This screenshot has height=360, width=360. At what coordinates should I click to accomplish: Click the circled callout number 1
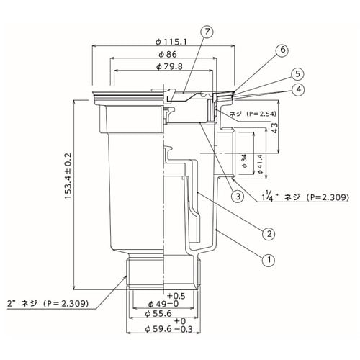(268, 258)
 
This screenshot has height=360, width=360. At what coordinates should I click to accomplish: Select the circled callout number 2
(268, 233)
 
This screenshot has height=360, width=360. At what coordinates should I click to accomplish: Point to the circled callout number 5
(296, 73)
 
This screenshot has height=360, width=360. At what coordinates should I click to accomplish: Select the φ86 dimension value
(168, 55)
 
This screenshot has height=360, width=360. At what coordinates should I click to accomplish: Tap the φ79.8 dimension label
(168, 67)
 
